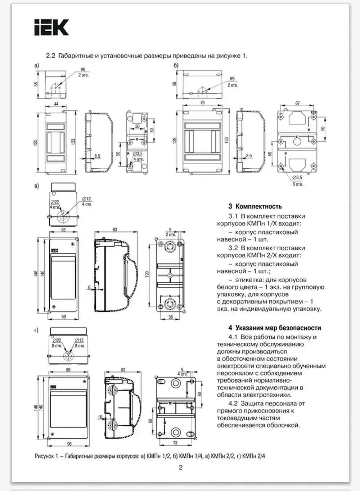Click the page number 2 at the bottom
(181, 468)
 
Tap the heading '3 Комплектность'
(255, 206)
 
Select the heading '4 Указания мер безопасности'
(274, 328)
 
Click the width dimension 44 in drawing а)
(56, 104)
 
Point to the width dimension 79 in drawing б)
(202, 103)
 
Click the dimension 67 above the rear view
(297, 103)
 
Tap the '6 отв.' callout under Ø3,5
(297, 184)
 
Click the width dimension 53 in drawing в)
(63, 230)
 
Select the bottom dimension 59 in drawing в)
(64, 317)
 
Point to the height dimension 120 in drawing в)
(147, 275)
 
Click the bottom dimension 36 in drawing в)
(171, 317)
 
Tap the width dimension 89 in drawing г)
(68, 370)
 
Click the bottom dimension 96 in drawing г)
(69, 444)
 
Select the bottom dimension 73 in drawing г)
(175, 443)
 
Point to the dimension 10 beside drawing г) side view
(100, 417)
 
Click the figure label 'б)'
(176, 65)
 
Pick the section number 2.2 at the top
(50, 56)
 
